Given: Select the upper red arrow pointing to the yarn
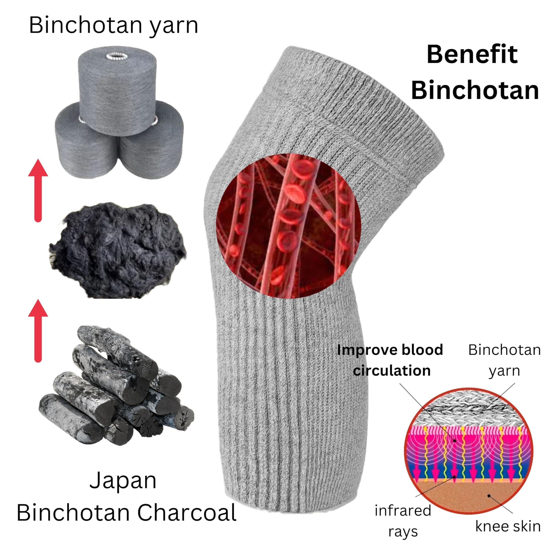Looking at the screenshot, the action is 38,190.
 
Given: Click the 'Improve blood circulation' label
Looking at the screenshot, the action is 390,360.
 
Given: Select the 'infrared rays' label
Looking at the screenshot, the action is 403,521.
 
